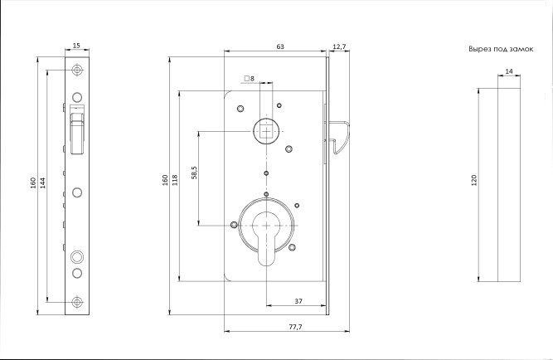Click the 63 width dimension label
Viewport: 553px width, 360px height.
[x=280, y=46]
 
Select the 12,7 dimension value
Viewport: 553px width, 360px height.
[x=339, y=46]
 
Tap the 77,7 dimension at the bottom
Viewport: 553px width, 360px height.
[x=295, y=327]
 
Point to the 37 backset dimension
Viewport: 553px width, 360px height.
[x=298, y=301]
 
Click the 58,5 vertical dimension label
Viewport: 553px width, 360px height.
[x=195, y=173]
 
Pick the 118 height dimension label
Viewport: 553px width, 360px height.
[x=175, y=180]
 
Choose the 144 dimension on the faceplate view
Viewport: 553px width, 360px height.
[x=42, y=182]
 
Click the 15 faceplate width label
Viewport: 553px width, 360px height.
[x=76, y=45]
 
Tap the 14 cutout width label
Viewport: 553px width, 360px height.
[x=509, y=71]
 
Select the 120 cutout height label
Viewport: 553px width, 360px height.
[x=474, y=180]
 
